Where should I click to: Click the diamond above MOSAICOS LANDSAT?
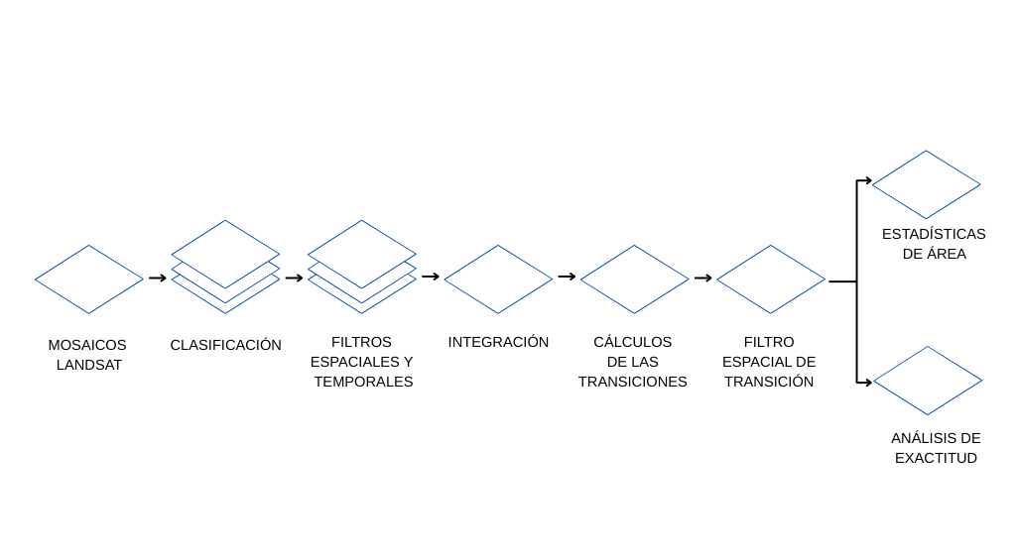coord(89,279)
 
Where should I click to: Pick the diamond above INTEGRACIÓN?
coord(498,279)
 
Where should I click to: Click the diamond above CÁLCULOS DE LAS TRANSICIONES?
coord(634,279)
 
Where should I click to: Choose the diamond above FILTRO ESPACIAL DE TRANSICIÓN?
coord(770,279)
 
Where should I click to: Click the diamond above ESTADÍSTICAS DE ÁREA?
coord(926,184)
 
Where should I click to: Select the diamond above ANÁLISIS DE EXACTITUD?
coord(927,381)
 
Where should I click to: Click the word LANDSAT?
coord(88,365)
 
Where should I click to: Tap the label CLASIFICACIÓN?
coord(225,345)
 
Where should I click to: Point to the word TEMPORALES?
coord(363,382)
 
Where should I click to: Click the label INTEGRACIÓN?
coord(498,342)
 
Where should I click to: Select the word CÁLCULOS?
coord(632,342)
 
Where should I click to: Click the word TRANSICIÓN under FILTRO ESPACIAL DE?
coord(768,382)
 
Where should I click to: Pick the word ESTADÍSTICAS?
coord(933,234)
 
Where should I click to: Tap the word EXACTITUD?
coord(936,458)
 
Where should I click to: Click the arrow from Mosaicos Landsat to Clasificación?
coord(158,278)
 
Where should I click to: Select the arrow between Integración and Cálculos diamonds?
coord(567,277)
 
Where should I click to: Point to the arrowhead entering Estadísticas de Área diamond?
coord(867,180)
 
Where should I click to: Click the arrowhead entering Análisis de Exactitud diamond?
coord(867,382)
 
